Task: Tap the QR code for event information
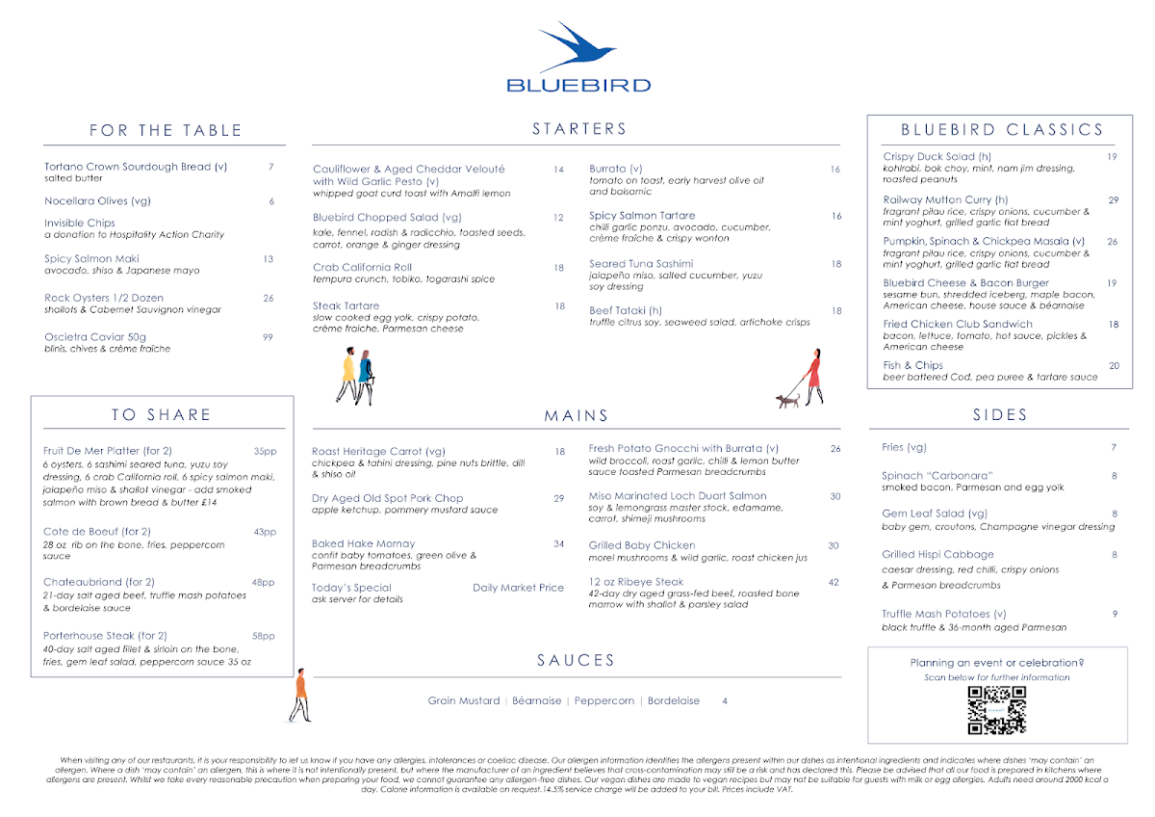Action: click(x=997, y=711)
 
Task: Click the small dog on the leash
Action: click(x=789, y=399)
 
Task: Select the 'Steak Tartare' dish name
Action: click(x=346, y=305)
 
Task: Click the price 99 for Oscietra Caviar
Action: click(x=269, y=337)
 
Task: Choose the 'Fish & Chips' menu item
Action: click(x=912, y=365)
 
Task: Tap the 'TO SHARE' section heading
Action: click(x=162, y=415)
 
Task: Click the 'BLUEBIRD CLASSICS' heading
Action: click(x=1002, y=130)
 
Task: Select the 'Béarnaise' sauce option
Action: click(x=537, y=700)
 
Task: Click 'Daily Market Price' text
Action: click(x=518, y=588)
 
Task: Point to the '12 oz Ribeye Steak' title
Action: click(x=636, y=582)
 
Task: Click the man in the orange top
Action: click(x=300, y=693)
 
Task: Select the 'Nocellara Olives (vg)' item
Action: click(x=97, y=201)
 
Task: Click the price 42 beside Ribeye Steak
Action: click(x=834, y=582)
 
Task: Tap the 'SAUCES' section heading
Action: click(x=576, y=661)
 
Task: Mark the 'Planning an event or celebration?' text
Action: click(x=997, y=663)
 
